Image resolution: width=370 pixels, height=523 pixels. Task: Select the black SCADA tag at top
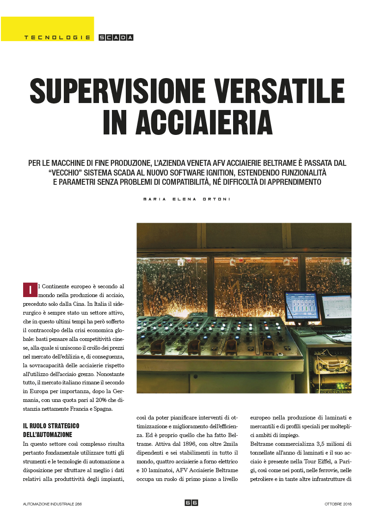pos(116,37)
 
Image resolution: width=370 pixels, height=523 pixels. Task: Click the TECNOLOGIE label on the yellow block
pos(57,37)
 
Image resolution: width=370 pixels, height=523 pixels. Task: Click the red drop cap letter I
pos(30,290)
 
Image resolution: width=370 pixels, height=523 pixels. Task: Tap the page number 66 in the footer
pos(191,503)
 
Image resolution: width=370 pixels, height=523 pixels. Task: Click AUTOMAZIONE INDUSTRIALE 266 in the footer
pos(53,504)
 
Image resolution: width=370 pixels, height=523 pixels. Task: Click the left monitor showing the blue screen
pos(302,306)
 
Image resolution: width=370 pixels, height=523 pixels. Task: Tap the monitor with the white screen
pos(336,310)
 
